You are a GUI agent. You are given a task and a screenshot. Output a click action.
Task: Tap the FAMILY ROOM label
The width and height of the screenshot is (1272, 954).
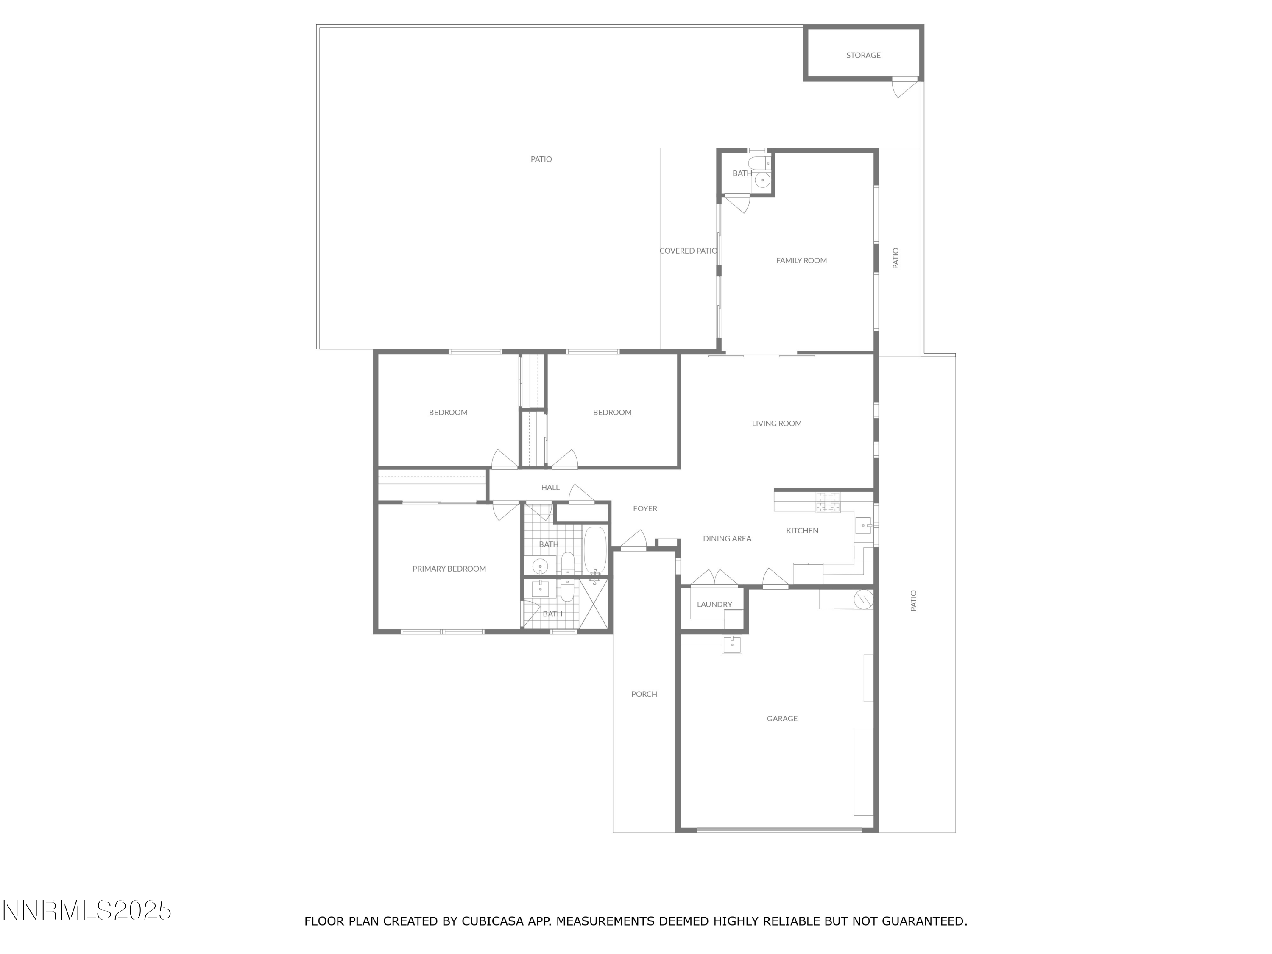pyautogui.click(x=801, y=260)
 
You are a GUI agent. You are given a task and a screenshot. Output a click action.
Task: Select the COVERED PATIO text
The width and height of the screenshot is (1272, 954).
pyautogui.click(x=688, y=251)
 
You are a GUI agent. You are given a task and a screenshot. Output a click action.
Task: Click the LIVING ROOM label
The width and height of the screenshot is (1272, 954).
pyautogui.click(x=776, y=423)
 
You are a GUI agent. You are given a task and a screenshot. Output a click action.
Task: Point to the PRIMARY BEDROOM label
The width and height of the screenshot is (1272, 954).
pyautogui.click(x=449, y=569)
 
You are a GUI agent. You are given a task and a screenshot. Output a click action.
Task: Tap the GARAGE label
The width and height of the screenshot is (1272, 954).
pyautogui.click(x=782, y=718)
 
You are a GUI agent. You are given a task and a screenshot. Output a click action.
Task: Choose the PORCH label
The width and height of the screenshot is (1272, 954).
pyautogui.click(x=644, y=694)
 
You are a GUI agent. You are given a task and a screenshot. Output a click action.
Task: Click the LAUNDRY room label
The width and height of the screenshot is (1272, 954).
pyautogui.click(x=714, y=604)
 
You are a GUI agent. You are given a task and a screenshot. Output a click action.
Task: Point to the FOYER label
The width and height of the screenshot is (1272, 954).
pyautogui.click(x=644, y=508)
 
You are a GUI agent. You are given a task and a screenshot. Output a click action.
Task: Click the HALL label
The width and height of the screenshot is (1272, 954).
pyautogui.click(x=550, y=488)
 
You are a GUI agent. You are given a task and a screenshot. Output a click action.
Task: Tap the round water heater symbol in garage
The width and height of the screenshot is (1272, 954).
pyautogui.click(x=864, y=599)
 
